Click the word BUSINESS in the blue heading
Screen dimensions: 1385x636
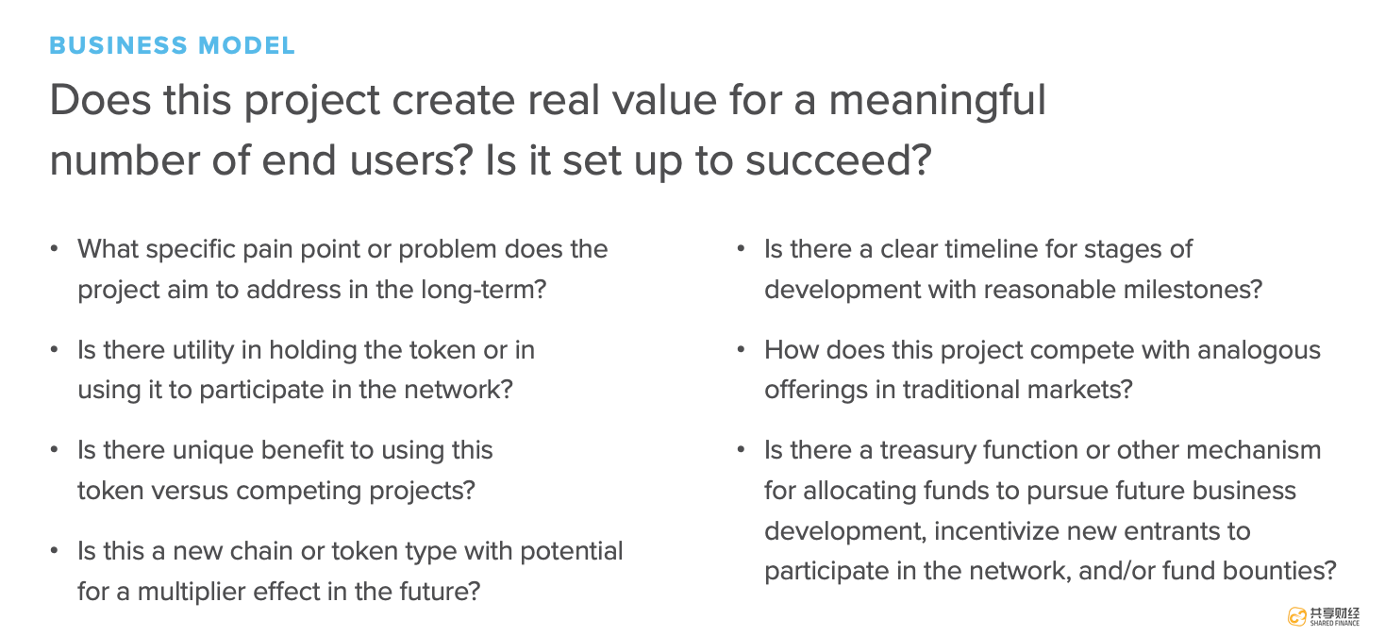point(118,46)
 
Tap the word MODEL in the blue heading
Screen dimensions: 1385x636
point(246,46)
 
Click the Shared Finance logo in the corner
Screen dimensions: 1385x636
point(1324,616)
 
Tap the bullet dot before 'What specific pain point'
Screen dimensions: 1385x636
point(55,249)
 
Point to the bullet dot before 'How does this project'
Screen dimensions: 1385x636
point(742,350)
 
